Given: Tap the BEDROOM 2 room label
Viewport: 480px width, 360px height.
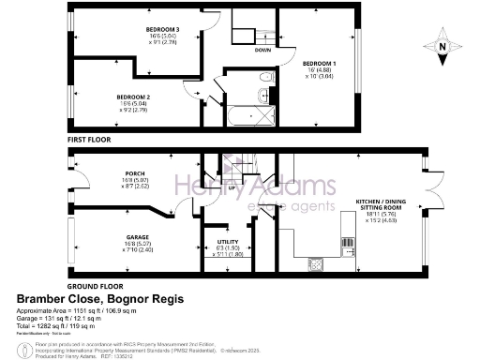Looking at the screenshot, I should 133,97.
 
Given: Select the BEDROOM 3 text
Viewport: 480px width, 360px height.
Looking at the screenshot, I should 162,30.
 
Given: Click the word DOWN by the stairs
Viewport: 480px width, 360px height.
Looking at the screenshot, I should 263,51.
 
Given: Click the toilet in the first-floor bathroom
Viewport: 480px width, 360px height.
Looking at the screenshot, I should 266,76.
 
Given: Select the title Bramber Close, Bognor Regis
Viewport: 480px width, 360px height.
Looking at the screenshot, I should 101,299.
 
